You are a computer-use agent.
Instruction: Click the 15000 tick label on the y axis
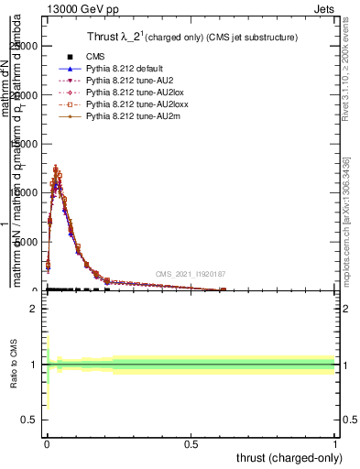[24, 143]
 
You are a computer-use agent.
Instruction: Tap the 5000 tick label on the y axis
[27, 241]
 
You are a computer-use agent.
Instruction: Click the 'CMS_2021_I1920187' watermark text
[190, 274]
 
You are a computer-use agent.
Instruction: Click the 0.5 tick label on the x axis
[191, 443]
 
